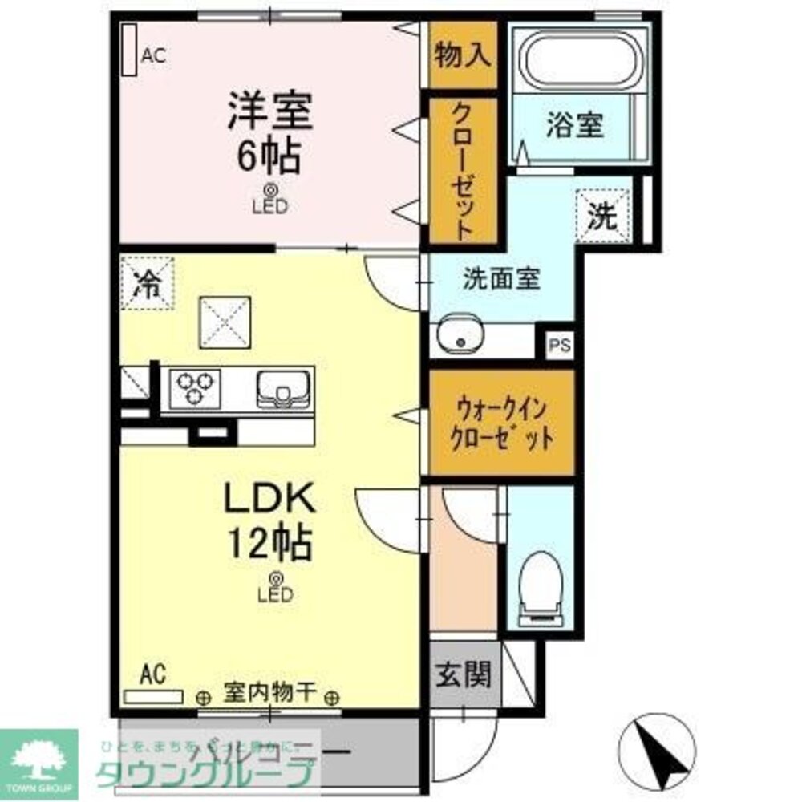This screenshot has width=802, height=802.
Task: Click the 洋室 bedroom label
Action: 269,112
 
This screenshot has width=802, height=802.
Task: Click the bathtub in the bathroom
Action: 577,60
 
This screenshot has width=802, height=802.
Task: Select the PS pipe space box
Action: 560,346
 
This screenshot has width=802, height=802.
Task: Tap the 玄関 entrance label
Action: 463,675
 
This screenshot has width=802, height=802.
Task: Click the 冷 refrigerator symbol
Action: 147,282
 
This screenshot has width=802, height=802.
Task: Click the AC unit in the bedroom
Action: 128,50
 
